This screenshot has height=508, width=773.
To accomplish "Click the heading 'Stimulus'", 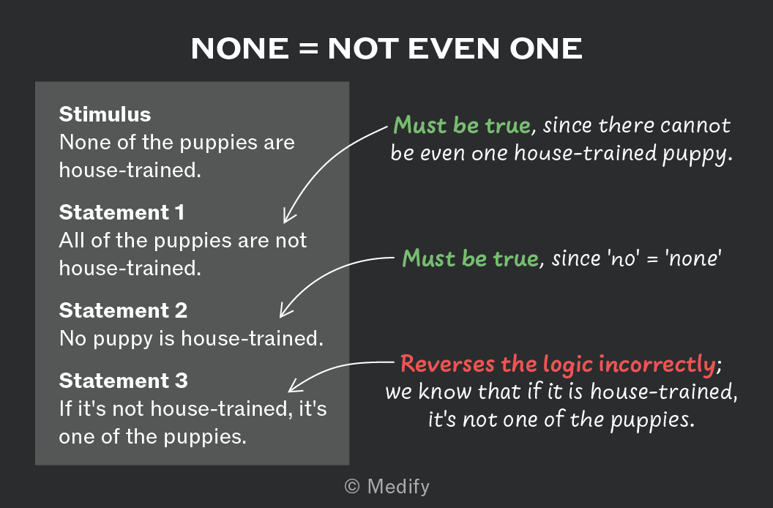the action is tap(105, 114).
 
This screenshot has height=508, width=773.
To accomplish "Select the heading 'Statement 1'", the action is tap(122, 212).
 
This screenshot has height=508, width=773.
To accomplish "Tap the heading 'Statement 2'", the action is tap(123, 310).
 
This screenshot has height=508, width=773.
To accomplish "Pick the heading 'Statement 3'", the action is tap(123, 381).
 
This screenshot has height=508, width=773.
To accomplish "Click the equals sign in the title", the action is tap(309, 49).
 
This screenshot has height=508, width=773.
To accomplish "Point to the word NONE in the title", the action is tap(240, 49).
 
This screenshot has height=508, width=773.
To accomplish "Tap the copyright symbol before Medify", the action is tap(352, 486).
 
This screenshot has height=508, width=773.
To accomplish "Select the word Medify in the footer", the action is tap(398, 487).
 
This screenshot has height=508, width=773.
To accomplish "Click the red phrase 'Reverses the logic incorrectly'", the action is tap(558, 365).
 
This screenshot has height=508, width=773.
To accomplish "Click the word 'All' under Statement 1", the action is tap(72, 241).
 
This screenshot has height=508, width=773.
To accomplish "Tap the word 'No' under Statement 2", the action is tap(72, 339).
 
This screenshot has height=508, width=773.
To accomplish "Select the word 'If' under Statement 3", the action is tap(64, 409).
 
